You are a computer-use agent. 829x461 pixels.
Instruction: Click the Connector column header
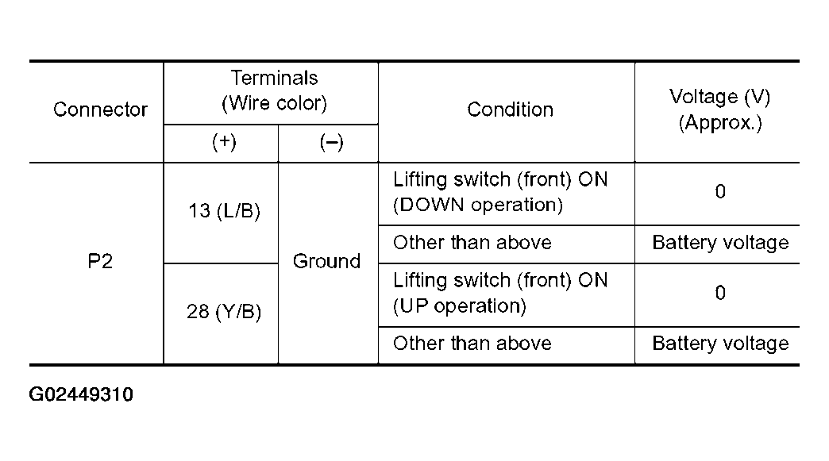click(x=100, y=109)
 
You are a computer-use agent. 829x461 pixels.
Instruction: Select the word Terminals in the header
click(x=275, y=78)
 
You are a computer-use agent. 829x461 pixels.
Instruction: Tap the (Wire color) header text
click(x=275, y=102)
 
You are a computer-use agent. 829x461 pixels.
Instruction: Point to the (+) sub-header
click(x=224, y=141)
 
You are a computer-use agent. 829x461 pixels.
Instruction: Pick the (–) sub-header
click(x=331, y=141)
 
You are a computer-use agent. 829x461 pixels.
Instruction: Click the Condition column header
click(x=511, y=109)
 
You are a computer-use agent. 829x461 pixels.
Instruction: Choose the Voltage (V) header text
click(x=719, y=97)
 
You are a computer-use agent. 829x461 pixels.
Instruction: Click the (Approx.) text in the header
click(x=720, y=122)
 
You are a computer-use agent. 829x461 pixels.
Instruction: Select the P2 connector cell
click(x=100, y=261)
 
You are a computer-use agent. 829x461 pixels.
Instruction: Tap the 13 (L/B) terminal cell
click(x=224, y=211)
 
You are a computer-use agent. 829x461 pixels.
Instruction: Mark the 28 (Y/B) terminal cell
click(x=224, y=312)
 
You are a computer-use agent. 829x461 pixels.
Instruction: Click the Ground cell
click(x=326, y=261)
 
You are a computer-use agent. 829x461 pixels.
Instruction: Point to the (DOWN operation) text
click(x=478, y=205)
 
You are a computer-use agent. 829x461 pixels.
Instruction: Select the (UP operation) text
click(x=460, y=306)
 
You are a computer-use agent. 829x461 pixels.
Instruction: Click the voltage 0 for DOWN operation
click(x=720, y=191)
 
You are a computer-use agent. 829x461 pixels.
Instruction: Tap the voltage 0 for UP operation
click(x=720, y=293)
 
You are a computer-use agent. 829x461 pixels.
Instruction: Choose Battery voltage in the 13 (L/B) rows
click(x=720, y=242)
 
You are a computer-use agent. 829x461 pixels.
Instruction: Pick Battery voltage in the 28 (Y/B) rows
click(x=720, y=344)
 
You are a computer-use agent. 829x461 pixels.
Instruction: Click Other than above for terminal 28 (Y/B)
click(x=472, y=344)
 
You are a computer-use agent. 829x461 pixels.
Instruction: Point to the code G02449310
click(x=81, y=394)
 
